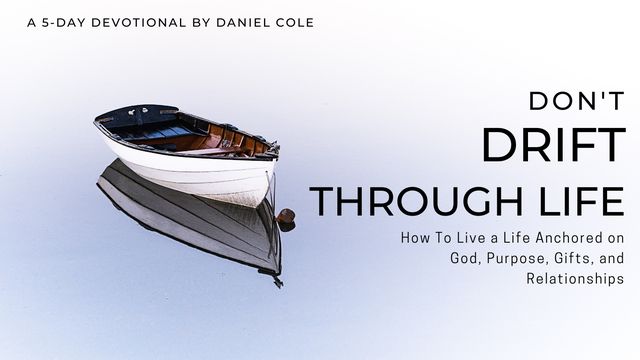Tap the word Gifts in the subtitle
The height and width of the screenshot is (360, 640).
click(x=571, y=260)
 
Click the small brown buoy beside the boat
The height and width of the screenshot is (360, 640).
click(x=286, y=215)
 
